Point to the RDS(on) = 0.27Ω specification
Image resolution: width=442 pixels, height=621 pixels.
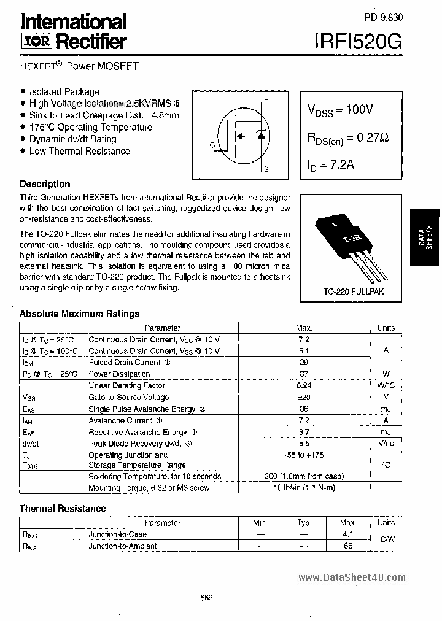pyautogui.click(x=348, y=138)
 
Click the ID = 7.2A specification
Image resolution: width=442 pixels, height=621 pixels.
pyautogui.click(x=331, y=164)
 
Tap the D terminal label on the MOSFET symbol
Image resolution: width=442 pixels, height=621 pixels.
pyautogui.click(x=266, y=102)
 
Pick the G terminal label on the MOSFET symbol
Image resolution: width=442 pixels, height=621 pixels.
pyautogui.click(x=212, y=145)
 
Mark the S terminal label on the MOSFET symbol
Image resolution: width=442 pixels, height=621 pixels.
pyautogui.click(x=266, y=169)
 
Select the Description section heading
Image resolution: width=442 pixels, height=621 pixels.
pyautogui.click(x=45, y=184)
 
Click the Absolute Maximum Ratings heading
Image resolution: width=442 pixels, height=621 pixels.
pyautogui.click(x=79, y=314)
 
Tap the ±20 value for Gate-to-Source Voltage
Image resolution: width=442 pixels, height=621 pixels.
pyautogui.click(x=303, y=398)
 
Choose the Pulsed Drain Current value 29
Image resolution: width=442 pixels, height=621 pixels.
pyautogui.click(x=303, y=363)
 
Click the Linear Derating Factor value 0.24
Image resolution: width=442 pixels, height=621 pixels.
pyautogui.click(x=303, y=386)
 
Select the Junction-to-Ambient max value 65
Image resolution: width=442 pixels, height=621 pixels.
pyautogui.click(x=348, y=546)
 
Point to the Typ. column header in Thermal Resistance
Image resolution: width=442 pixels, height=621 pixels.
pyautogui.click(x=304, y=523)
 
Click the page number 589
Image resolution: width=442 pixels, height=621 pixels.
pyautogui.click(x=206, y=599)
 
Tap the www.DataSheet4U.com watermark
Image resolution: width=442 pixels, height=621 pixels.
pyautogui.click(x=352, y=577)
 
